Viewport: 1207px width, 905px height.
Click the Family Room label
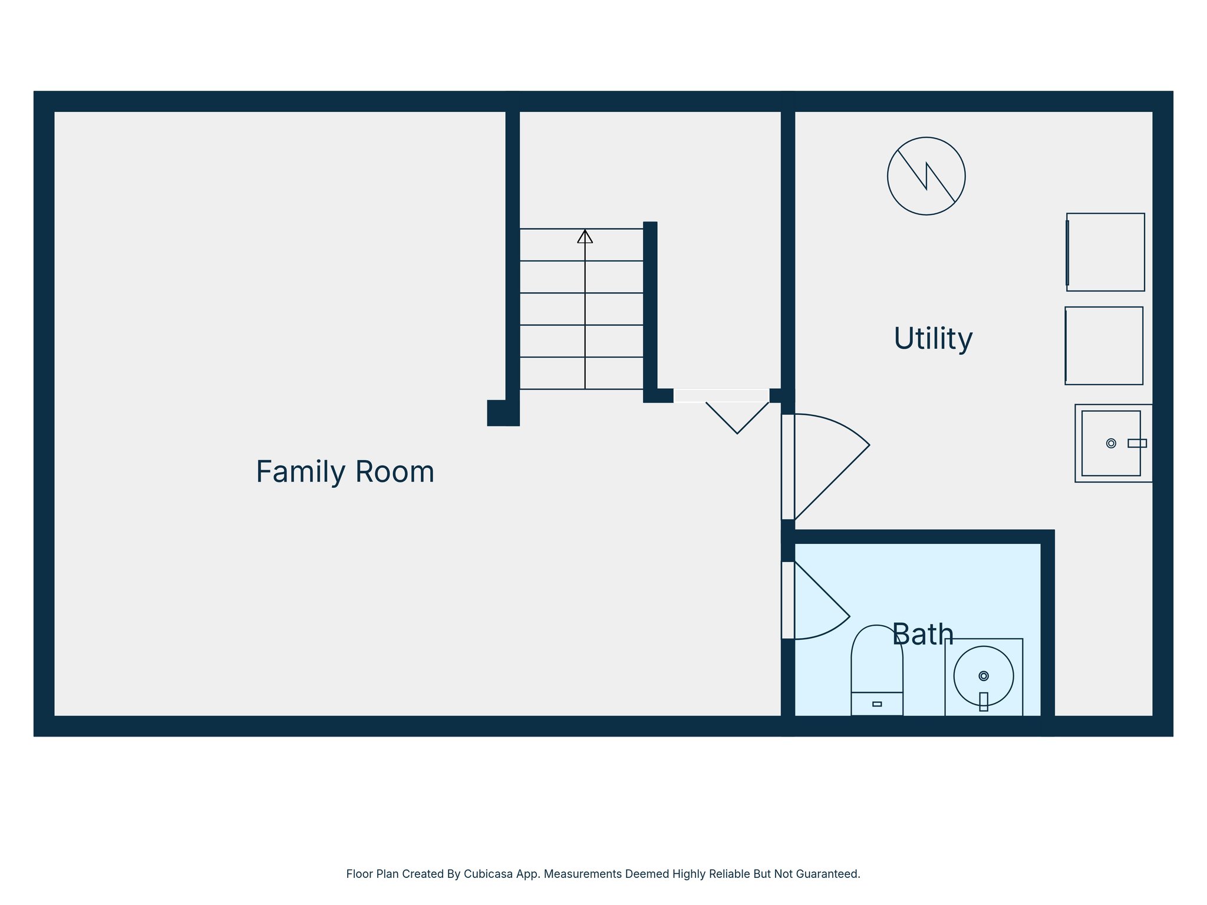tap(345, 472)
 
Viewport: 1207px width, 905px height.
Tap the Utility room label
tap(932, 339)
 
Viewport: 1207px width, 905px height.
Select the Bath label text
tap(922, 635)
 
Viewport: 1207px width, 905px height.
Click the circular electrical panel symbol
tap(926, 176)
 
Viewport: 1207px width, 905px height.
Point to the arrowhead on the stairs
tap(585, 237)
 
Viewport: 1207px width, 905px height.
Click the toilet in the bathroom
tap(876, 666)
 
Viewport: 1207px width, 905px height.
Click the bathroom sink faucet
tap(983, 701)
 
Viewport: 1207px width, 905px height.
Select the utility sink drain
tap(1110, 443)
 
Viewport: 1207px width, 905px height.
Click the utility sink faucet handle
tap(1136, 443)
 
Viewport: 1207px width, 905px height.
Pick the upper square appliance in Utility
tap(1105, 252)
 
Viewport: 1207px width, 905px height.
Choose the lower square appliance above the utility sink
tap(1103, 346)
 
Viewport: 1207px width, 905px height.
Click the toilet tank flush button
tap(876, 704)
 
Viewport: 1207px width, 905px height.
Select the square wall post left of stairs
tap(499, 412)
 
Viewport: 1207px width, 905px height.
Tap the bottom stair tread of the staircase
tap(581, 373)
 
